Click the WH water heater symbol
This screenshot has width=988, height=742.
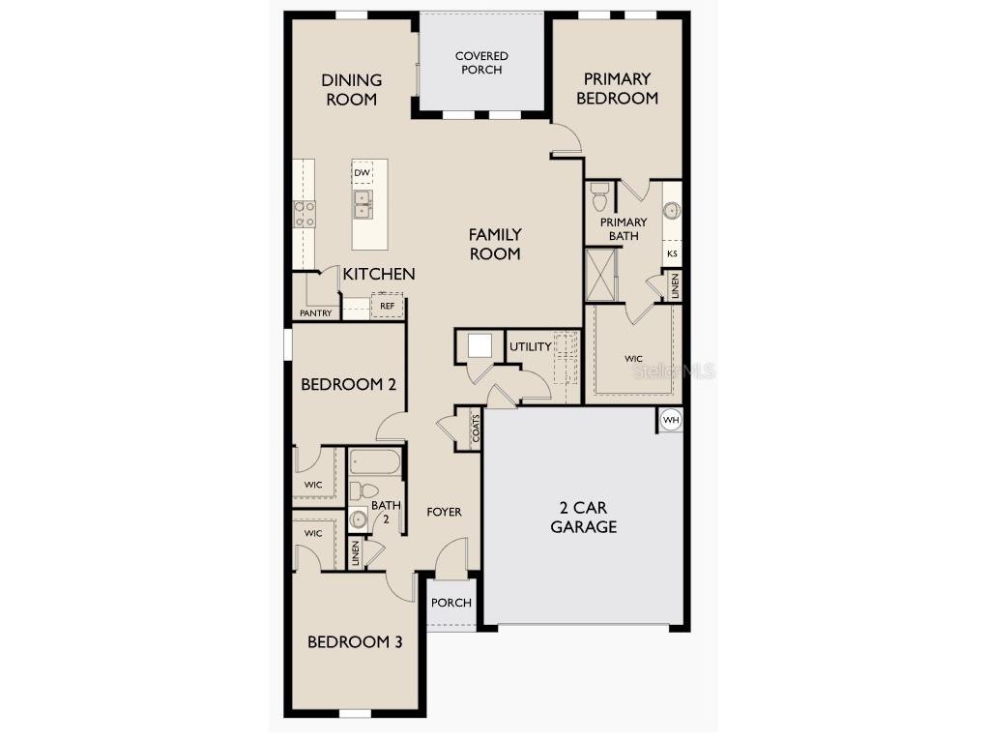[x=671, y=421]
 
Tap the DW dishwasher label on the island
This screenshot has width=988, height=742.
[x=362, y=173]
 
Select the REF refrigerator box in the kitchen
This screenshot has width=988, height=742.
[x=387, y=306]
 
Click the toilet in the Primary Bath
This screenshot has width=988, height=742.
[x=599, y=200]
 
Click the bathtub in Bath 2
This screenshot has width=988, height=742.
[x=374, y=461]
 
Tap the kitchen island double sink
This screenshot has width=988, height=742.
[x=363, y=203]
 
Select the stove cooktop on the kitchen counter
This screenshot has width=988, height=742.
[x=305, y=214]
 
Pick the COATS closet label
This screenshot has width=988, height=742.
[x=476, y=429]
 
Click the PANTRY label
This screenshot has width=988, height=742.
[x=316, y=312]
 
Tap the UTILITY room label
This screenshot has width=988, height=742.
[x=531, y=346]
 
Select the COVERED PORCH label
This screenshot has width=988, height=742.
[x=481, y=63]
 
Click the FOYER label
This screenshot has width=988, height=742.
[x=445, y=512]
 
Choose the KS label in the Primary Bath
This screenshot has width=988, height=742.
[x=672, y=253]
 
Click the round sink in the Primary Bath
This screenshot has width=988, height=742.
[x=672, y=210]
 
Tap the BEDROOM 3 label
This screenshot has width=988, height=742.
[x=355, y=641]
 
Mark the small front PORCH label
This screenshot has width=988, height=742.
[x=451, y=603]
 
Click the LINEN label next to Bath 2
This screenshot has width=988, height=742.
[x=356, y=553]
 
